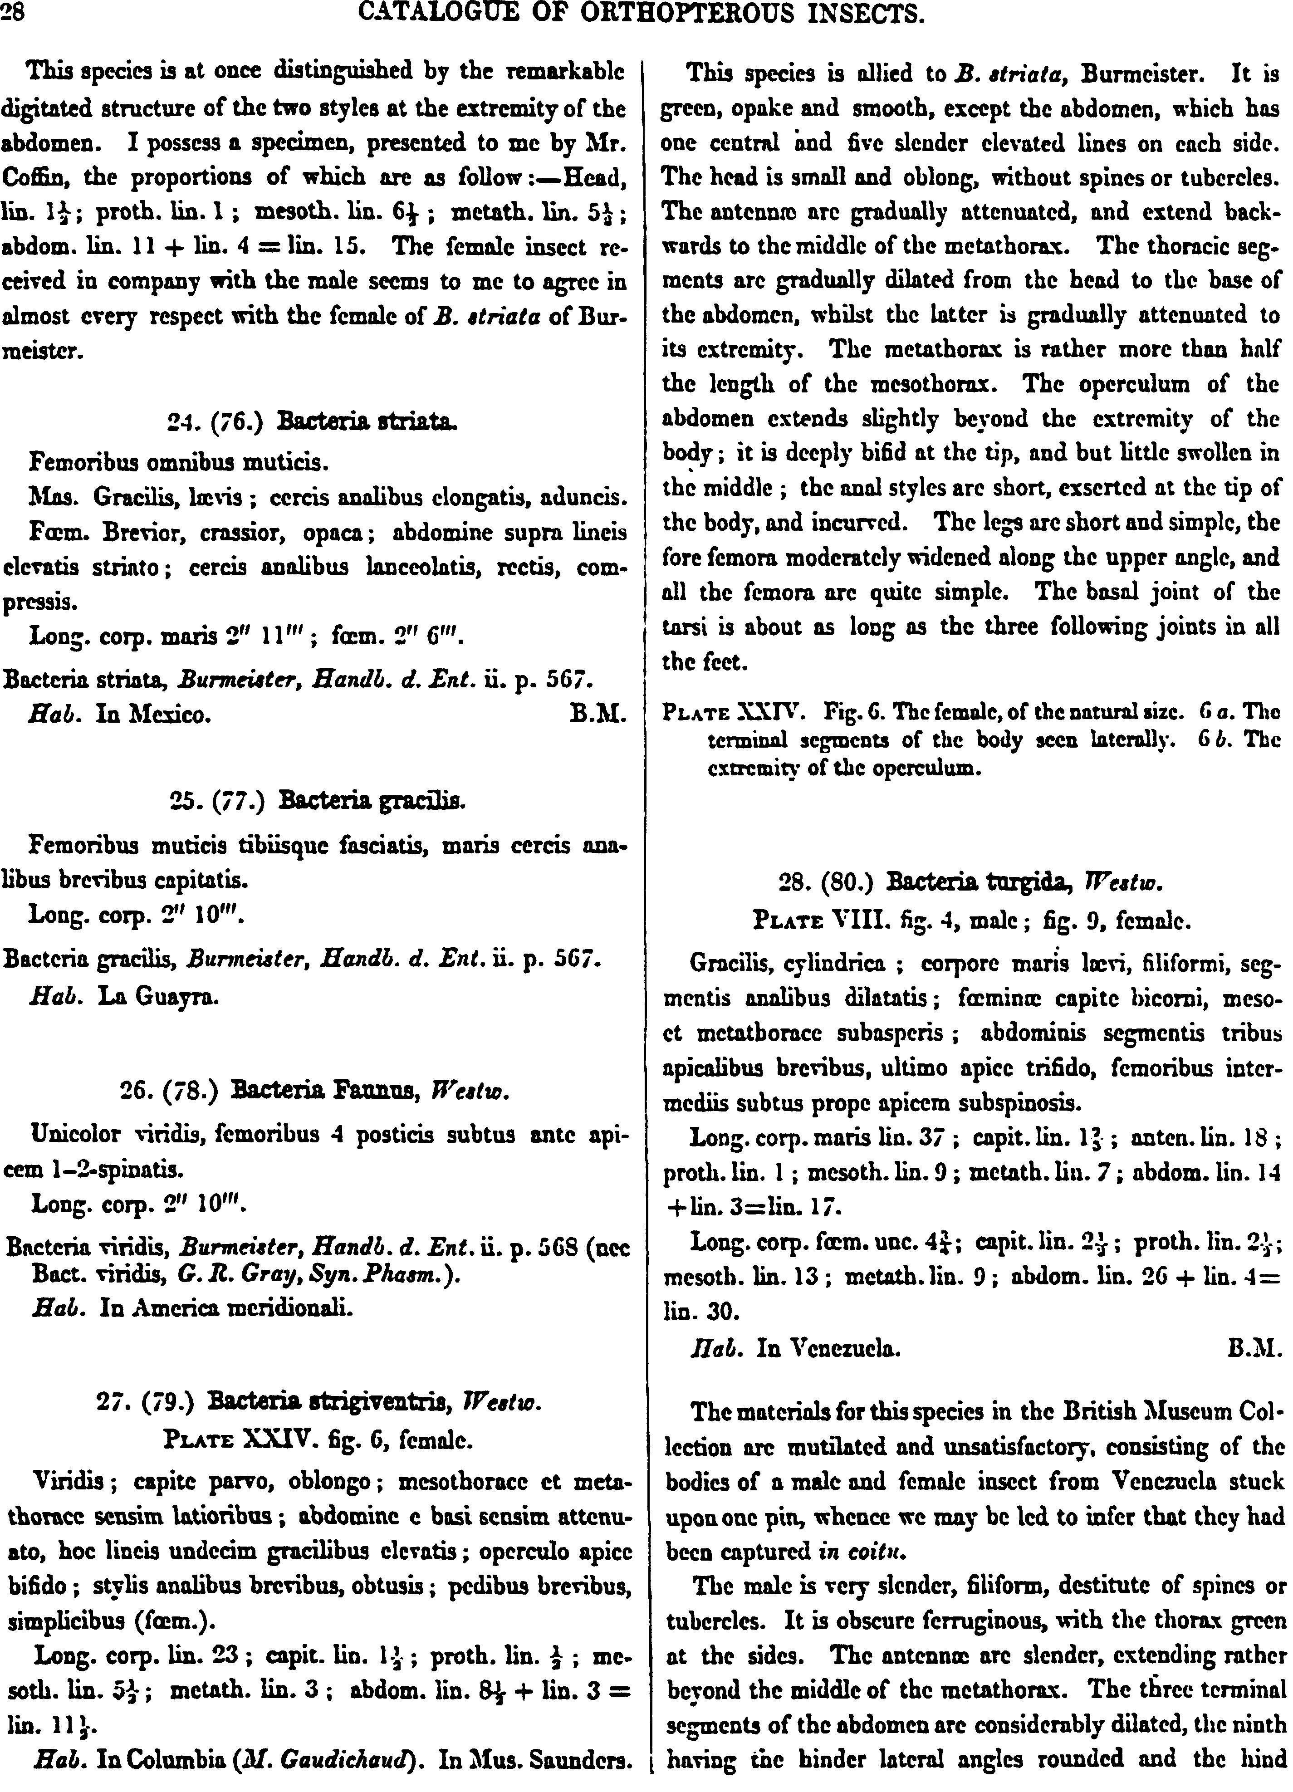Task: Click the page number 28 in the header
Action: [x=13, y=14]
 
